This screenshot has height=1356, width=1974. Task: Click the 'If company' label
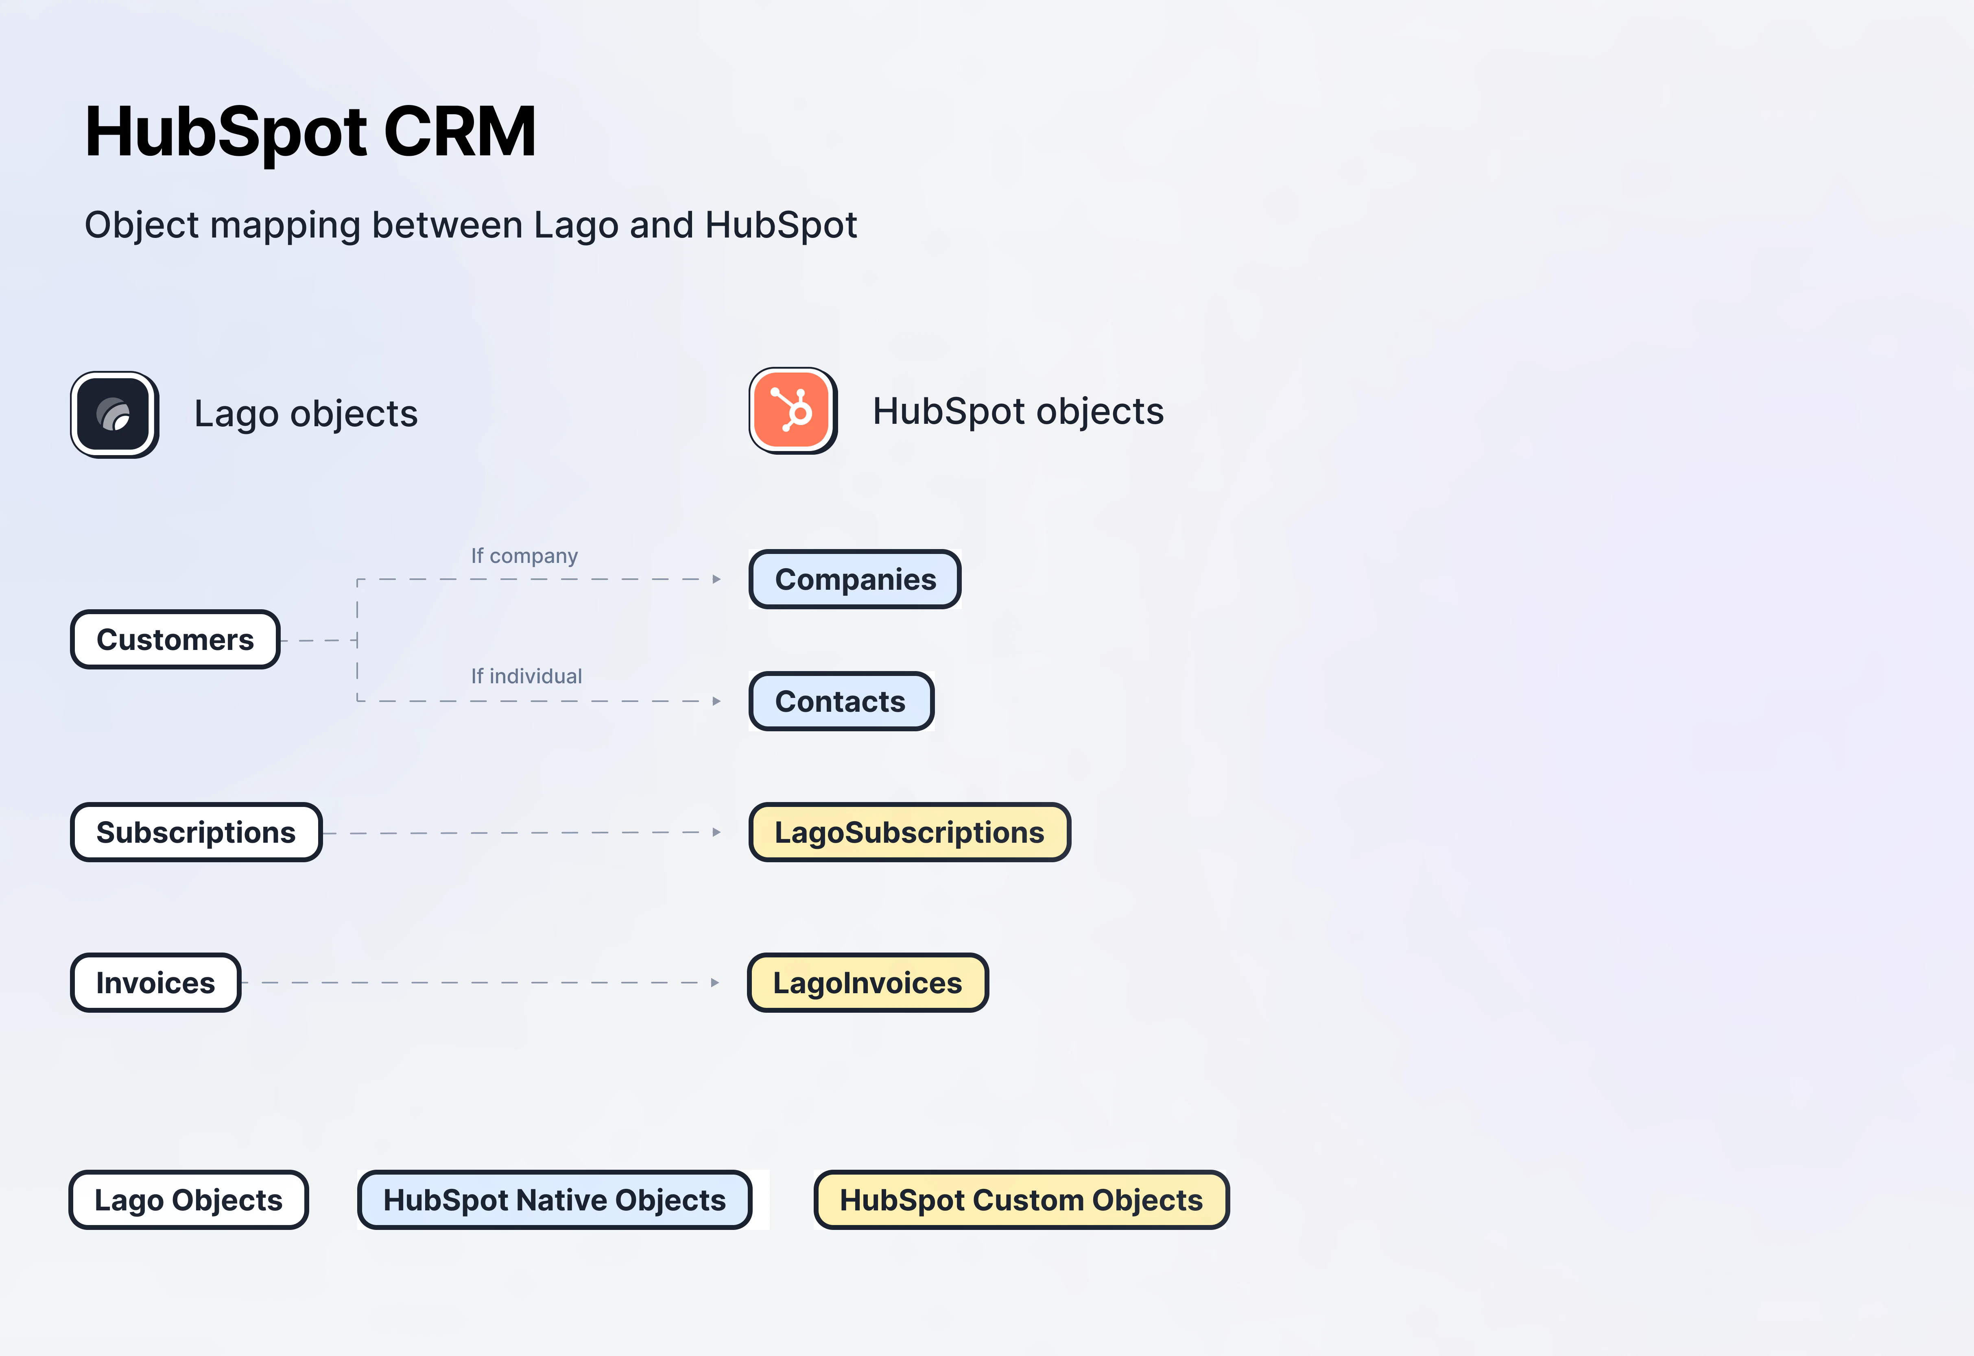524,556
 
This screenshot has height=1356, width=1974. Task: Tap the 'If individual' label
527,676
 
